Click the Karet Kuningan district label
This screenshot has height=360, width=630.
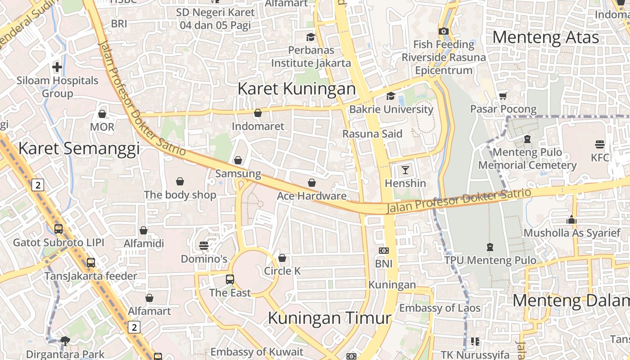[x=297, y=88]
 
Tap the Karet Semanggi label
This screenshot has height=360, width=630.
[x=79, y=148]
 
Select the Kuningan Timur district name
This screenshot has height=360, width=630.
[x=329, y=318]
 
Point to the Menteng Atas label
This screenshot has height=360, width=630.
[x=546, y=37]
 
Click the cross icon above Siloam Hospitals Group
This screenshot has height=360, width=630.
[x=57, y=67]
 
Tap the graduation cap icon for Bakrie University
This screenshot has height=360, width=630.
[x=391, y=96]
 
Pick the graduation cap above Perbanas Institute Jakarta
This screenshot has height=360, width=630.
[x=310, y=37]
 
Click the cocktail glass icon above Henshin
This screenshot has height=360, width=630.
[x=405, y=170]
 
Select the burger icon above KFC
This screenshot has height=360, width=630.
[x=599, y=144]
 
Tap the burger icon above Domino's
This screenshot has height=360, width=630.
[x=204, y=246]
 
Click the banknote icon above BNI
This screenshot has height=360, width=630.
[x=384, y=250]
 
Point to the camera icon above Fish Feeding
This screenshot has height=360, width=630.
[x=444, y=31]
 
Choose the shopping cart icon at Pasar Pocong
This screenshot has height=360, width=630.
[x=503, y=95]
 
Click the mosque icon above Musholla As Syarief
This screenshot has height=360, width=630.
[x=571, y=220]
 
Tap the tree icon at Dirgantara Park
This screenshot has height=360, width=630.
[x=65, y=341]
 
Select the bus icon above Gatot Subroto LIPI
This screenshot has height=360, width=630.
[x=58, y=229]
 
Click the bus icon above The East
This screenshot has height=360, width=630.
[x=230, y=279]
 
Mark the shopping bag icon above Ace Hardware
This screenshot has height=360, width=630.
[x=312, y=183]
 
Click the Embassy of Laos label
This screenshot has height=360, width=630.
[x=440, y=308]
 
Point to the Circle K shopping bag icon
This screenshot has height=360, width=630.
[x=282, y=258]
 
